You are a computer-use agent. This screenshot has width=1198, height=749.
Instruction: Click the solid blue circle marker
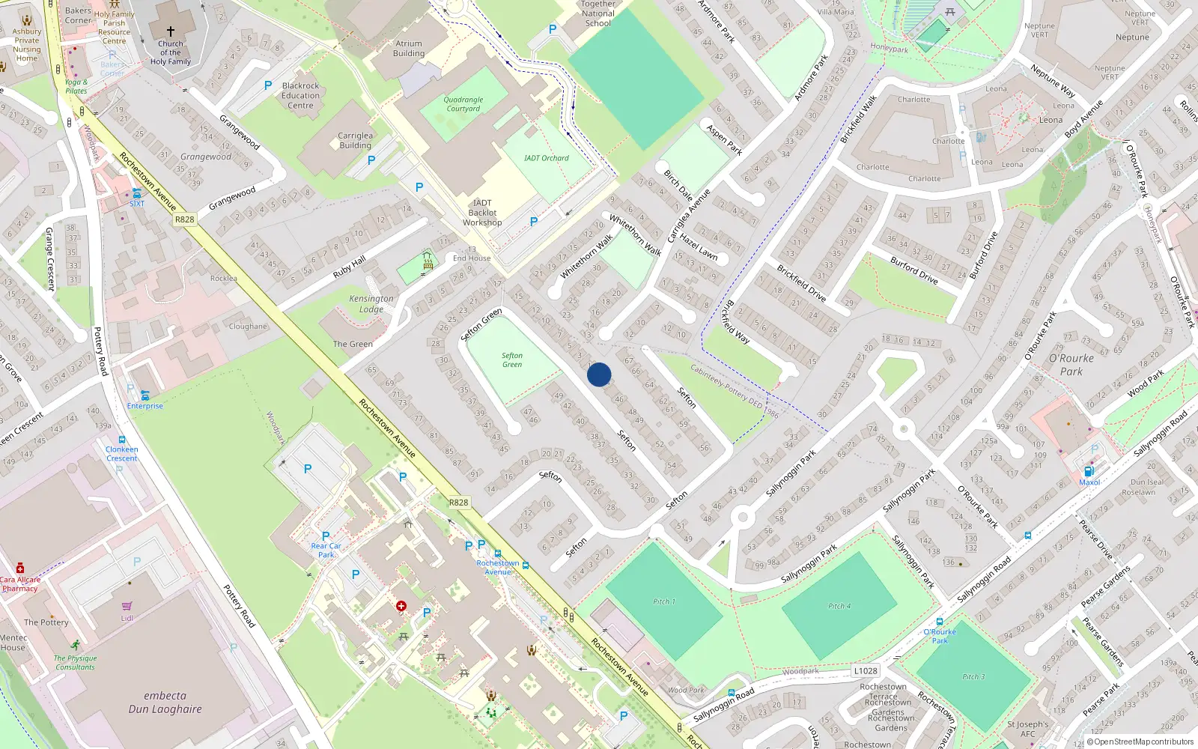pyautogui.click(x=599, y=374)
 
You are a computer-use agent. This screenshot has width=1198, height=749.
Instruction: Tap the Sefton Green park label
pyautogui.click(x=512, y=360)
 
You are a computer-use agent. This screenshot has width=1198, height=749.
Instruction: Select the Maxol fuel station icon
pyautogui.click(x=1089, y=471)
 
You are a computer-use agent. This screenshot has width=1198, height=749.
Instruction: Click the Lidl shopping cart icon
pyautogui.click(x=127, y=607)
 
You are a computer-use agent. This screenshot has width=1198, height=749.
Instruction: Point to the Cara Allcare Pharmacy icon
pyautogui.click(x=20, y=568)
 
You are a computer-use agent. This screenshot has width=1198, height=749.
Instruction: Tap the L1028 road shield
pyautogui.click(x=865, y=671)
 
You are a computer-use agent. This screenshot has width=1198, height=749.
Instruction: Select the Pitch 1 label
pyautogui.click(x=663, y=601)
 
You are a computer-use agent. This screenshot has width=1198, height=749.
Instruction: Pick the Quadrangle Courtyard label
pyautogui.click(x=463, y=104)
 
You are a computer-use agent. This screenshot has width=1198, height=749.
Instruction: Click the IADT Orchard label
pyautogui.click(x=546, y=158)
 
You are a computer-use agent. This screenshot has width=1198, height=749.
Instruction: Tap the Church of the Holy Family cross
pyautogui.click(x=171, y=31)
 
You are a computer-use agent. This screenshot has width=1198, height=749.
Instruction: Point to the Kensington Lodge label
pyautogui.click(x=371, y=303)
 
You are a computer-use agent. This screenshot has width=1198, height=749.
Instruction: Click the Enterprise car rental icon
pyautogui.click(x=145, y=395)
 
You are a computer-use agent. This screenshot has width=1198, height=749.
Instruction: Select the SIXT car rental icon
pyautogui.click(x=136, y=193)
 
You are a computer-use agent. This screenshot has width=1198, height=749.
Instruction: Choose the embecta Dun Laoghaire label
pyautogui.click(x=165, y=702)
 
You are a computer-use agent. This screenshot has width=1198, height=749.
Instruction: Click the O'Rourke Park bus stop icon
pyautogui.click(x=939, y=622)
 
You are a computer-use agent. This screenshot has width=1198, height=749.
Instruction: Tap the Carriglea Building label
pyautogui.click(x=355, y=141)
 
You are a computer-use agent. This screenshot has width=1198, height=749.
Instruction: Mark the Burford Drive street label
pyautogui.click(x=913, y=270)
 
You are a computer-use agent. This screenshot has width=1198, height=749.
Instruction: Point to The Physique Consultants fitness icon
pyautogui.click(x=75, y=645)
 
